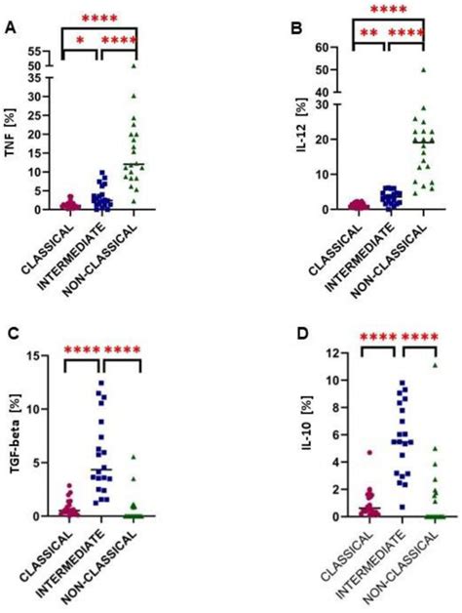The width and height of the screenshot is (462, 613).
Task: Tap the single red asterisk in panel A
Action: (81, 40)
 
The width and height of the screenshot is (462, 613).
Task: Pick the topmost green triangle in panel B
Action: (422, 70)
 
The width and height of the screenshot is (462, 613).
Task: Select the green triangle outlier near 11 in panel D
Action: (422, 365)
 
